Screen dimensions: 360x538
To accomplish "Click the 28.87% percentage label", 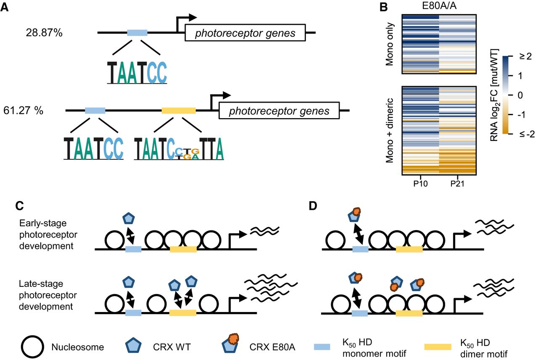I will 44,32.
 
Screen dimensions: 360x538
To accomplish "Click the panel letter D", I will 314,206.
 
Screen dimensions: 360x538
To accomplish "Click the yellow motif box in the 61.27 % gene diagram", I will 178,111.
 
